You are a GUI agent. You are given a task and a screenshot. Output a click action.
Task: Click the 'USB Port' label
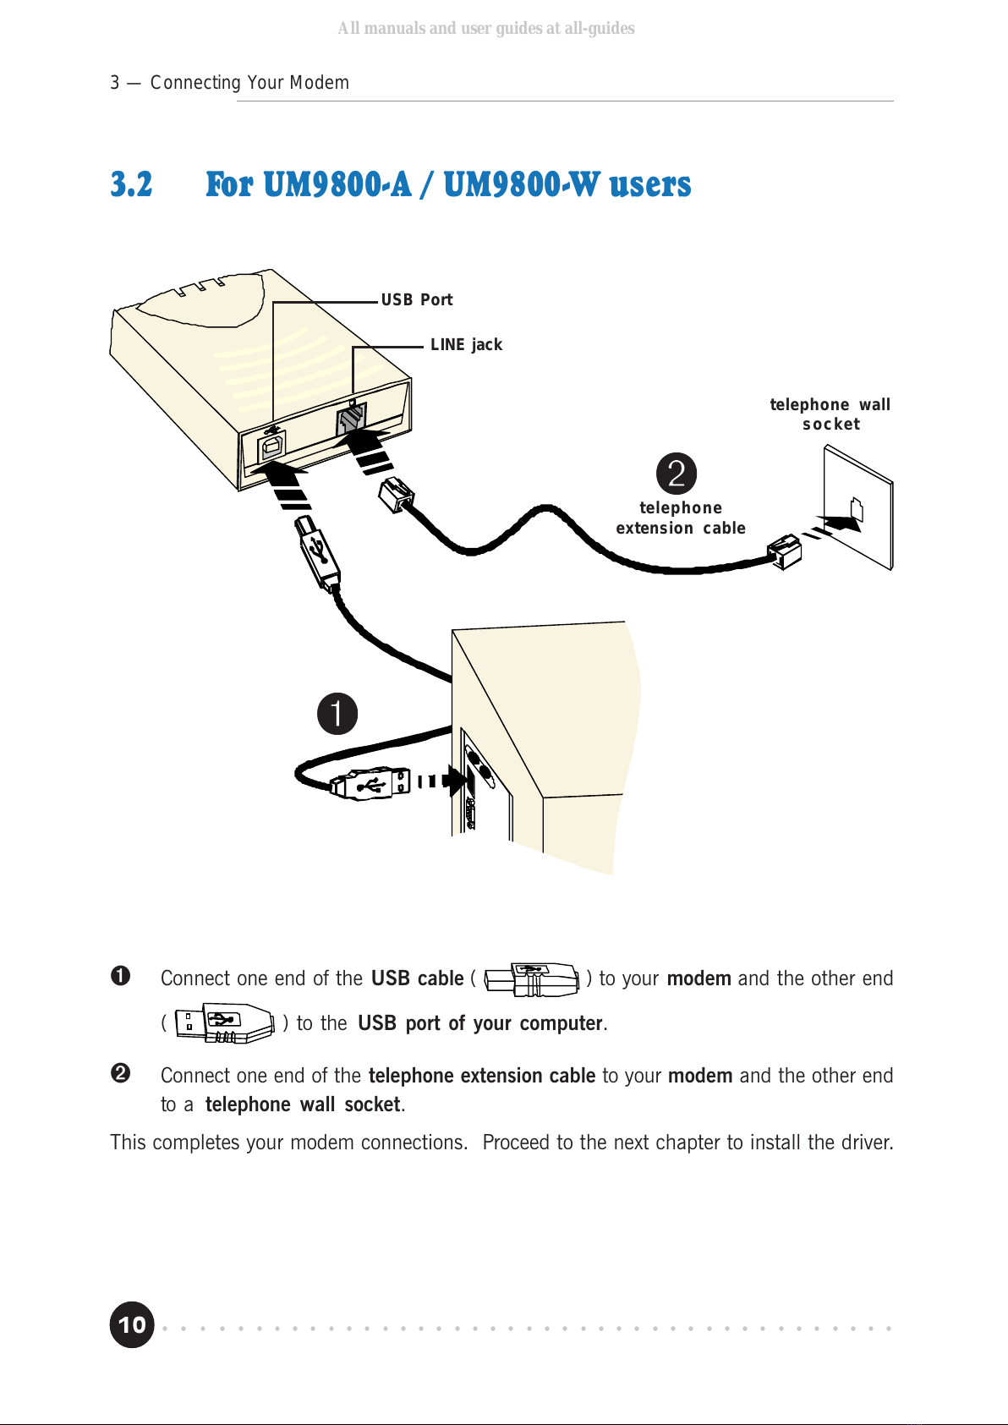[x=417, y=299]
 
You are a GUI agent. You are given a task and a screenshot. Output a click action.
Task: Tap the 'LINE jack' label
[x=466, y=345]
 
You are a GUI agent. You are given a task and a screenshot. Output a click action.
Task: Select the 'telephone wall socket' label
[x=830, y=414]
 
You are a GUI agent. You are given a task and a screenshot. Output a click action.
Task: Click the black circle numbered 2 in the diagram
[x=676, y=474]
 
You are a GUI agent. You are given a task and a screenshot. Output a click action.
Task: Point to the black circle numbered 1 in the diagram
[x=337, y=713]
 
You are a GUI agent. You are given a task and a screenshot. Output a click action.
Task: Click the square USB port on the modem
[x=271, y=446]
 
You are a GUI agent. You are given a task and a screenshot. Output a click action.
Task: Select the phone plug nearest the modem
[x=396, y=494]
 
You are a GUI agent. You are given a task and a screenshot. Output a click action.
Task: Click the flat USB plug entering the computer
[x=370, y=782]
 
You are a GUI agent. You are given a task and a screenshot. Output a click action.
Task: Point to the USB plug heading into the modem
[x=317, y=551]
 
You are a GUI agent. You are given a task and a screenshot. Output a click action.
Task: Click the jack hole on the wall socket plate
[x=857, y=510]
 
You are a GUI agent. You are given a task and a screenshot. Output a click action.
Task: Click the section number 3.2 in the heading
[x=132, y=184]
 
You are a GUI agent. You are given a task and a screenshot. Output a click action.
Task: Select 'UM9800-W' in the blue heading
[x=521, y=184]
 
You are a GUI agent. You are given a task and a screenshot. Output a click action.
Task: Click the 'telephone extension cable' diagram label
[x=681, y=518]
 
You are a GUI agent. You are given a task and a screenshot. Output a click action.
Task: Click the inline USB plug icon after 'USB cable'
[x=532, y=979]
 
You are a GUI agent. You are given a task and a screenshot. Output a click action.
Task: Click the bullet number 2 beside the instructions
[x=120, y=1073]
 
